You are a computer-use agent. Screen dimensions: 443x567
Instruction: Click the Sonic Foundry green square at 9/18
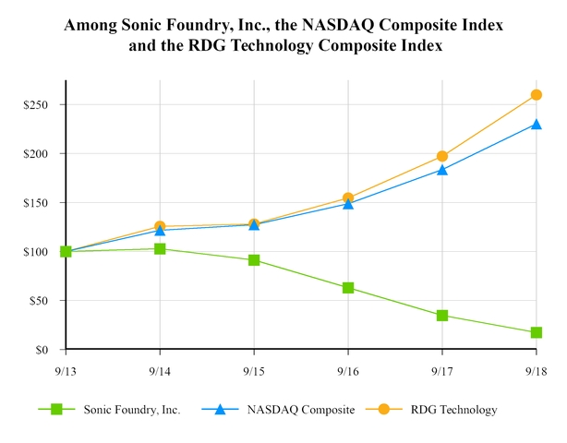coord(536,332)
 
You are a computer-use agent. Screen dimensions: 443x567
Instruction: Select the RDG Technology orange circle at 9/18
coord(536,95)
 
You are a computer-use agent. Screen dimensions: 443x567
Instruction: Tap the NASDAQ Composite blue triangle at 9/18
coord(536,124)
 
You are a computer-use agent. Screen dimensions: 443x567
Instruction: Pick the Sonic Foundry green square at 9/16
coord(348,288)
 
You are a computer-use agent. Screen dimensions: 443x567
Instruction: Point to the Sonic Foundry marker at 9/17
coord(442,316)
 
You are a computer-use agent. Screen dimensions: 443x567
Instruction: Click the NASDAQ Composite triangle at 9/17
coord(442,169)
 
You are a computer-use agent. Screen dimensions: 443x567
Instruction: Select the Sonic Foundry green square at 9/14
coord(160,248)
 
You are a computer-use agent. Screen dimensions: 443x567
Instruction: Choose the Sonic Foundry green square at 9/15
coord(254,260)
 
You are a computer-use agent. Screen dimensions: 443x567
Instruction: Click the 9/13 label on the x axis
coord(66,370)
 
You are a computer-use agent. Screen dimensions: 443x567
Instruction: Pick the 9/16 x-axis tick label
coord(348,370)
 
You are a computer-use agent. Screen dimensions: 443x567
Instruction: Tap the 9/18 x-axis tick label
coord(536,370)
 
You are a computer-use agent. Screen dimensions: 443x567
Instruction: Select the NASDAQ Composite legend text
coord(301,410)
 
